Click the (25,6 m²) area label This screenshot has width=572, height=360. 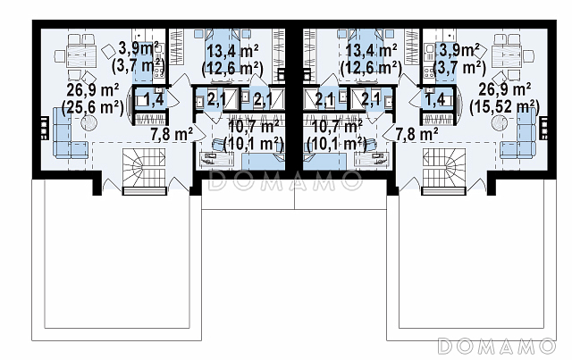pos(93,107)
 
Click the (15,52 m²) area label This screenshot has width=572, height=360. pos(504,107)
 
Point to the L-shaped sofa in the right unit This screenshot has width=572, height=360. pos(518,133)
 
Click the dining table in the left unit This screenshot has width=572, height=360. pos(80,57)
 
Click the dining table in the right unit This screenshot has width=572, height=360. pos(508,57)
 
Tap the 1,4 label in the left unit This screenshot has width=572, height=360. pos(153,99)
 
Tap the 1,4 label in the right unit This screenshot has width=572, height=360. pos(435,99)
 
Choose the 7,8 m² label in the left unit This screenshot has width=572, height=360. pos(172,135)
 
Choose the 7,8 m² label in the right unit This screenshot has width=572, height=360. pos(416,135)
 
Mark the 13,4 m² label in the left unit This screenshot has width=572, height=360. pos(232,51)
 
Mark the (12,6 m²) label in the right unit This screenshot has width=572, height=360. pos(371,68)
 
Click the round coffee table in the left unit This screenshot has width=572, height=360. pos(88,123)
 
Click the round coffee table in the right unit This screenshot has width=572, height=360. pos(500,123)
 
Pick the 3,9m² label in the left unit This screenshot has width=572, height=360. pos(139,48)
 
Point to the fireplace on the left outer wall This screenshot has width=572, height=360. pos(44,128)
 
